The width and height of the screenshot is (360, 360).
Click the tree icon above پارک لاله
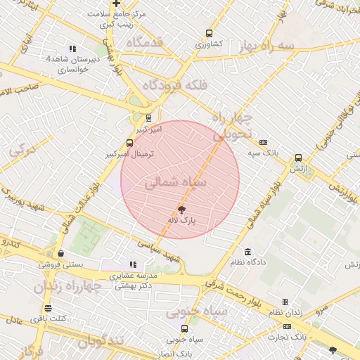[x=182, y=210]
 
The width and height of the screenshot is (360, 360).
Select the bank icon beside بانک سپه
[x=263, y=141]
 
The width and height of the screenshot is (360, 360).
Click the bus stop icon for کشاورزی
[x=209, y=33]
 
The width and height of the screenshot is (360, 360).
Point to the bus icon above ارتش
[x=298, y=158]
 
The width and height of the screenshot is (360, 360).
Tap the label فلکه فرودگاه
[x=175, y=84]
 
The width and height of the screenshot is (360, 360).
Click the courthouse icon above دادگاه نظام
[x=247, y=252]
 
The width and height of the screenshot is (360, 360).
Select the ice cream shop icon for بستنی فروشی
[x=61, y=254]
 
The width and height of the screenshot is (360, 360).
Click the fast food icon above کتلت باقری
[x=48, y=308]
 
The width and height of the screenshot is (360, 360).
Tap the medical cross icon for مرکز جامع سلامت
[x=116, y=4]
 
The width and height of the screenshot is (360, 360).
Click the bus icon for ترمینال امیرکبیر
[x=129, y=143]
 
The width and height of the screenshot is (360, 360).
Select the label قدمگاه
[x=144, y=42]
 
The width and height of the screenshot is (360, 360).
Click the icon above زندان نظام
[x=285, y=302]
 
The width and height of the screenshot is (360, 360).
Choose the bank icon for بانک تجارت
[x=287, y=327]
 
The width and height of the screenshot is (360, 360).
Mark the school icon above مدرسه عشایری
[x=133, y=265]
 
